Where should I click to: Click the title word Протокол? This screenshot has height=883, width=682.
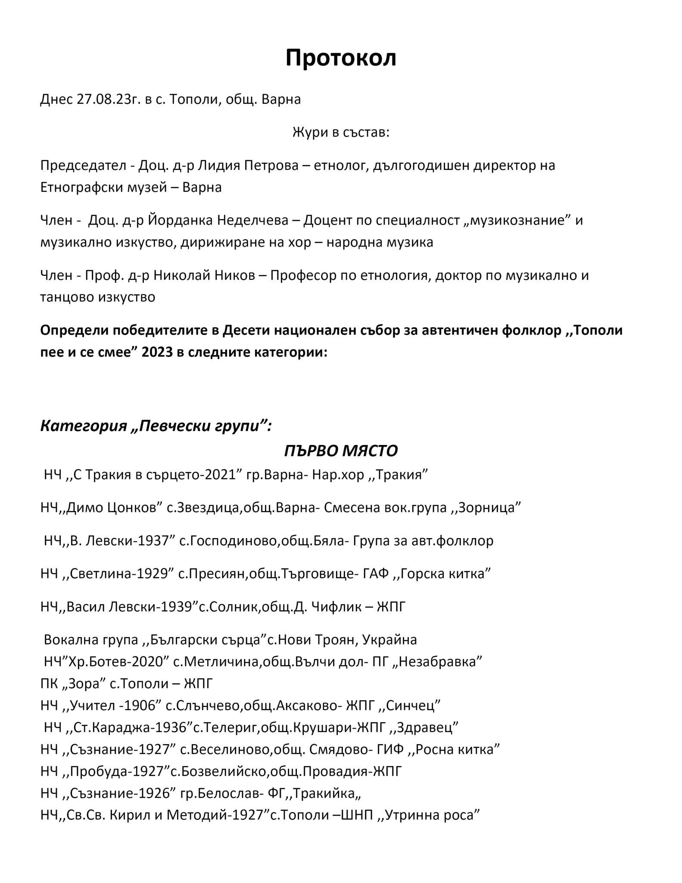click(x=340, y=58)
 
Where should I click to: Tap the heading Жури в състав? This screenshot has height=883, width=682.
click(x=340, y=132)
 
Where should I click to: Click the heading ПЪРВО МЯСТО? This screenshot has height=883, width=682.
click(x=340, y=451)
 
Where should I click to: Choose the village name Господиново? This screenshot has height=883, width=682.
click(x=232, y=541)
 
